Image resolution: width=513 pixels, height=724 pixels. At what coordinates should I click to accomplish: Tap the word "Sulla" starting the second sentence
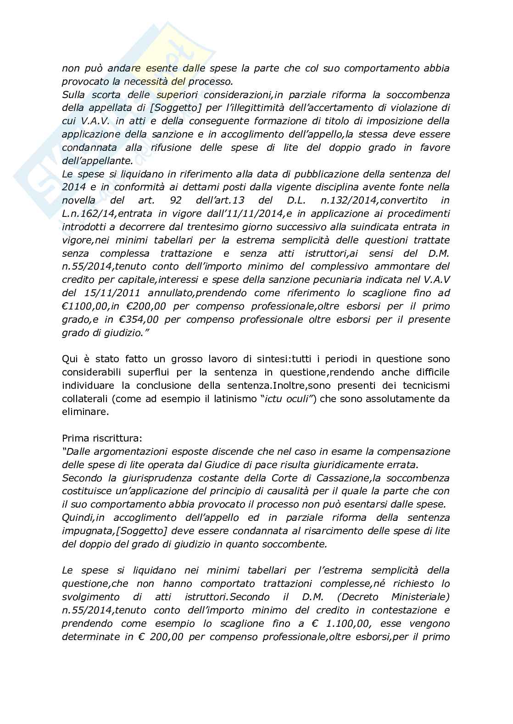point(73,95)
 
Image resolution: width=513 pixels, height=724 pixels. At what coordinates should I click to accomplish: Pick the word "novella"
point(79,200)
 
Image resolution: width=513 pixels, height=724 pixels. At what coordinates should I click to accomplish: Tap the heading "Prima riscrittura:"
point(102,438)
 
